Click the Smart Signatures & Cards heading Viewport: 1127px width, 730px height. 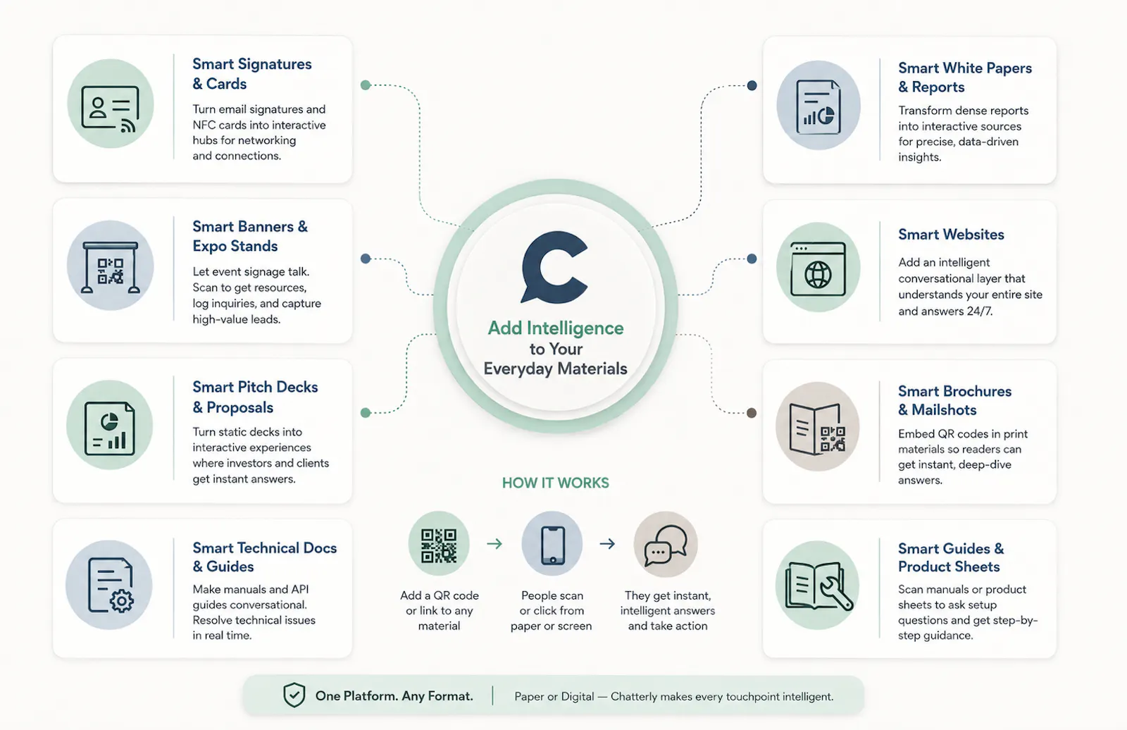tap(251, 73)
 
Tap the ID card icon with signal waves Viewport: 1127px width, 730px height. tap(110, 109)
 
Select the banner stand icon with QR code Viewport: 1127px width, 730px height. tap(110, 267)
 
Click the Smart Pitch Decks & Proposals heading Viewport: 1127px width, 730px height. tap(255, 397)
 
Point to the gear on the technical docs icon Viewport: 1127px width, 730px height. tap(121, 600)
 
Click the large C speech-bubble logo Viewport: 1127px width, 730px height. tap(554, 267)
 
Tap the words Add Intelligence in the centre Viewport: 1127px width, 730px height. tap(556, 328)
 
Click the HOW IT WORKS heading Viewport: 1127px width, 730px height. tap(556, 483)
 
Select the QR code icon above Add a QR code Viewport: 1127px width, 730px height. tap(439, 545)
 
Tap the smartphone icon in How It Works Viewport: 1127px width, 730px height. tap(552, 545)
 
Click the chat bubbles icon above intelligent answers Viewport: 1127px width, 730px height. tap(666, 545)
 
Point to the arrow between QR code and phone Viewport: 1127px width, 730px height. tap(494, 544)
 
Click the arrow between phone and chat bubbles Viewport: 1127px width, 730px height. tap(607, 544)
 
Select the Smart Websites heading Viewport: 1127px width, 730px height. tap(951, 235)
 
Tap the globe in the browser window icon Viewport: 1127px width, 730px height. tap(818, 274)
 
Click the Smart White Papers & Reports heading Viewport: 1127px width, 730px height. tap(965, 77)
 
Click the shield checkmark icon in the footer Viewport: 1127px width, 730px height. tap(294, 695)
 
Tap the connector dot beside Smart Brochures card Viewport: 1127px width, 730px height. tap(752, 413)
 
